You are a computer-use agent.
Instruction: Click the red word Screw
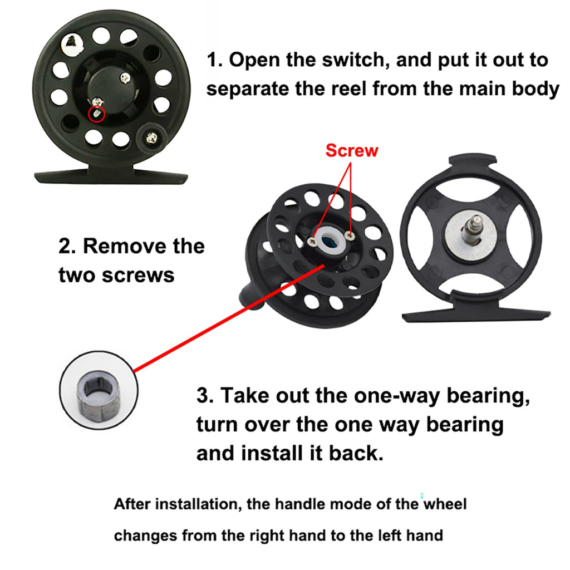pyautogui.click(x=352, y=150)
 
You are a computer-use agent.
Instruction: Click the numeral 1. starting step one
pyautogui.click(x=214, y=60)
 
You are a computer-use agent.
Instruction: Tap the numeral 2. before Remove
pyautogui.click(x=67, y=247)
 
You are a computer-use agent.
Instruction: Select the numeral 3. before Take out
pyautogui.click(x=205, y=395)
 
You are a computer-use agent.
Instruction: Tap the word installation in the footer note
pyautogui.click(x=198, y=504)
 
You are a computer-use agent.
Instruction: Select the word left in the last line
pyautogui.click(x=390, y=535)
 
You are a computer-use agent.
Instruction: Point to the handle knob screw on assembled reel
pyautogui.click(x=151, y=138)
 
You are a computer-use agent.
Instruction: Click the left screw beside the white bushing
pyautogui.click(x=312, y=241)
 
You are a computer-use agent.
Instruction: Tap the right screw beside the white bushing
pyautogui.click(x=350, y=235)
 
